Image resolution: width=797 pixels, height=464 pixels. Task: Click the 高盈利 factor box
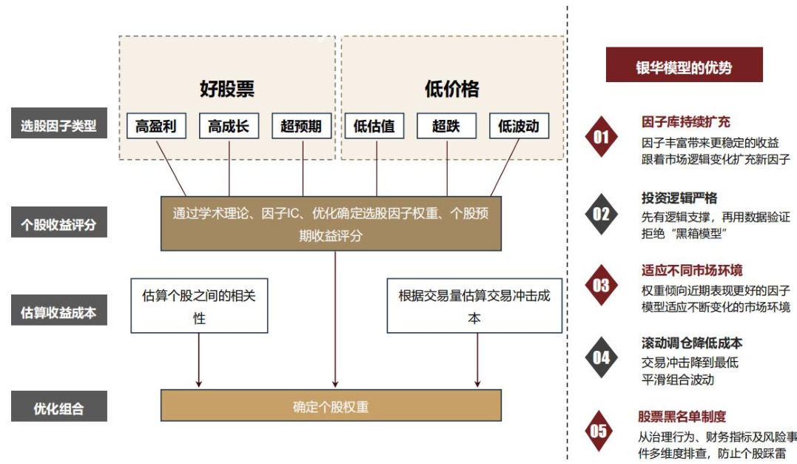[156, 126]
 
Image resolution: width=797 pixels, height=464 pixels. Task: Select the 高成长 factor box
[229, 126]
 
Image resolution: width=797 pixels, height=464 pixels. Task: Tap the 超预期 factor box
[301, 126]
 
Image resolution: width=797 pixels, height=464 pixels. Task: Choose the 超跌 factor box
[446, 126]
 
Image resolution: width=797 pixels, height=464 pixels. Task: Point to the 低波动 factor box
[519, 126]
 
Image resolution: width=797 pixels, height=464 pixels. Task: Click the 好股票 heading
[227, 90]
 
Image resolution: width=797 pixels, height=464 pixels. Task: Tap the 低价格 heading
[451, 90]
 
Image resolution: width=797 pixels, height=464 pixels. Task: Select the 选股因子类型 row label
[59, 125]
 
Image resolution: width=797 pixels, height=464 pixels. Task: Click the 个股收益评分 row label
[59, 224]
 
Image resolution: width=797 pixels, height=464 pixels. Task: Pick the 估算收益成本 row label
[59, 312]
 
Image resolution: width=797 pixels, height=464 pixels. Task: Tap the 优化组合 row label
[59, 408]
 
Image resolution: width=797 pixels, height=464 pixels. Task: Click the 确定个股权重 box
[331, 406]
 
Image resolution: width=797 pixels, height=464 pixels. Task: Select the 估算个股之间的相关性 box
[199, 306]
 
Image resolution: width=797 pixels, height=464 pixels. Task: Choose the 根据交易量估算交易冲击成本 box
[474, 306]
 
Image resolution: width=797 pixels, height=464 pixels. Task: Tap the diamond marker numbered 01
[601, 137]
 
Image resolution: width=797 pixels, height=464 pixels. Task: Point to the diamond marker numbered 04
[601, 357]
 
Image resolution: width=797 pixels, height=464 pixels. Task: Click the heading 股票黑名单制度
[682, 417]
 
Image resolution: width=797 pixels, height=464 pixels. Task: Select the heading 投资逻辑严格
[679, 198]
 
